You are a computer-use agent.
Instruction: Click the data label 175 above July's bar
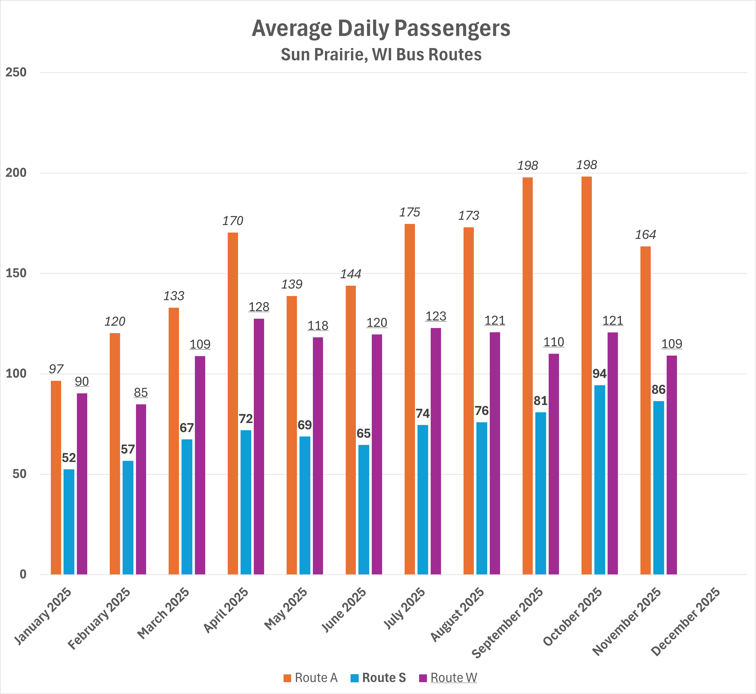[409, 213]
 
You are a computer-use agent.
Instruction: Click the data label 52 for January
[69, 458]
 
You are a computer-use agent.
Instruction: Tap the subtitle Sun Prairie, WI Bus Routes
[381, 54]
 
